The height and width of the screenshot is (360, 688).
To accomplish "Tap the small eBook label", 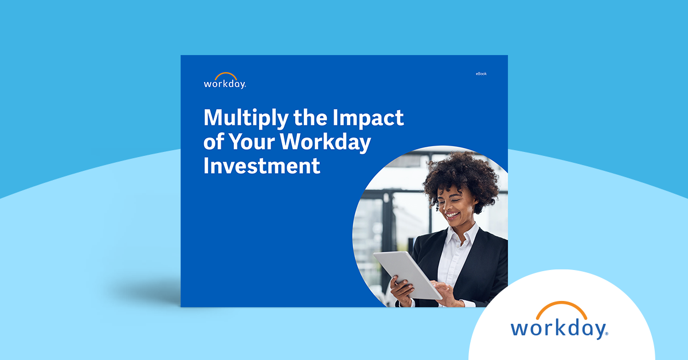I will [480, 74].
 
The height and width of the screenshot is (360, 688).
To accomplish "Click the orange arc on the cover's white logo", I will [226, 75].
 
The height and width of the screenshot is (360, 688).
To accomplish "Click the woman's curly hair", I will [459, 172].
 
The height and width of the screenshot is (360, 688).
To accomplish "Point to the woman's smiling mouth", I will [452, 216].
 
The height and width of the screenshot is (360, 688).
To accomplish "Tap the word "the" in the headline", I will [310, 118].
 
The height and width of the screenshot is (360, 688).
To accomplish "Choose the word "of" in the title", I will [214, 142].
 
